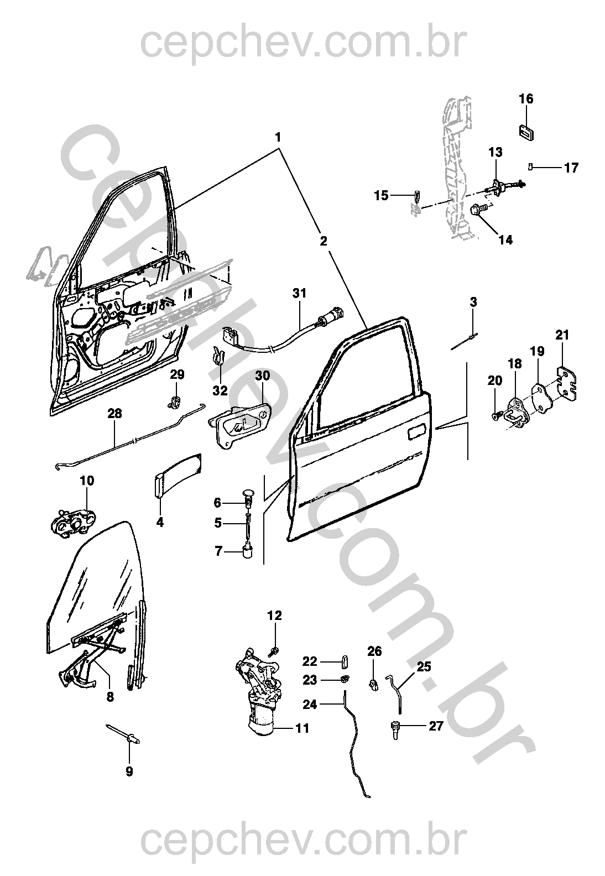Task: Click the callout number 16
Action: point(526,100)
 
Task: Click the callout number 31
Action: point(299,293)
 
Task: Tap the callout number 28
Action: point(114,414)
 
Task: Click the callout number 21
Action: point(562,335)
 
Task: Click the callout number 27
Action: point(436,726)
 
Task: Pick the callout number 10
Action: point(87,481)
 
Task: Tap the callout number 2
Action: point(324,242)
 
